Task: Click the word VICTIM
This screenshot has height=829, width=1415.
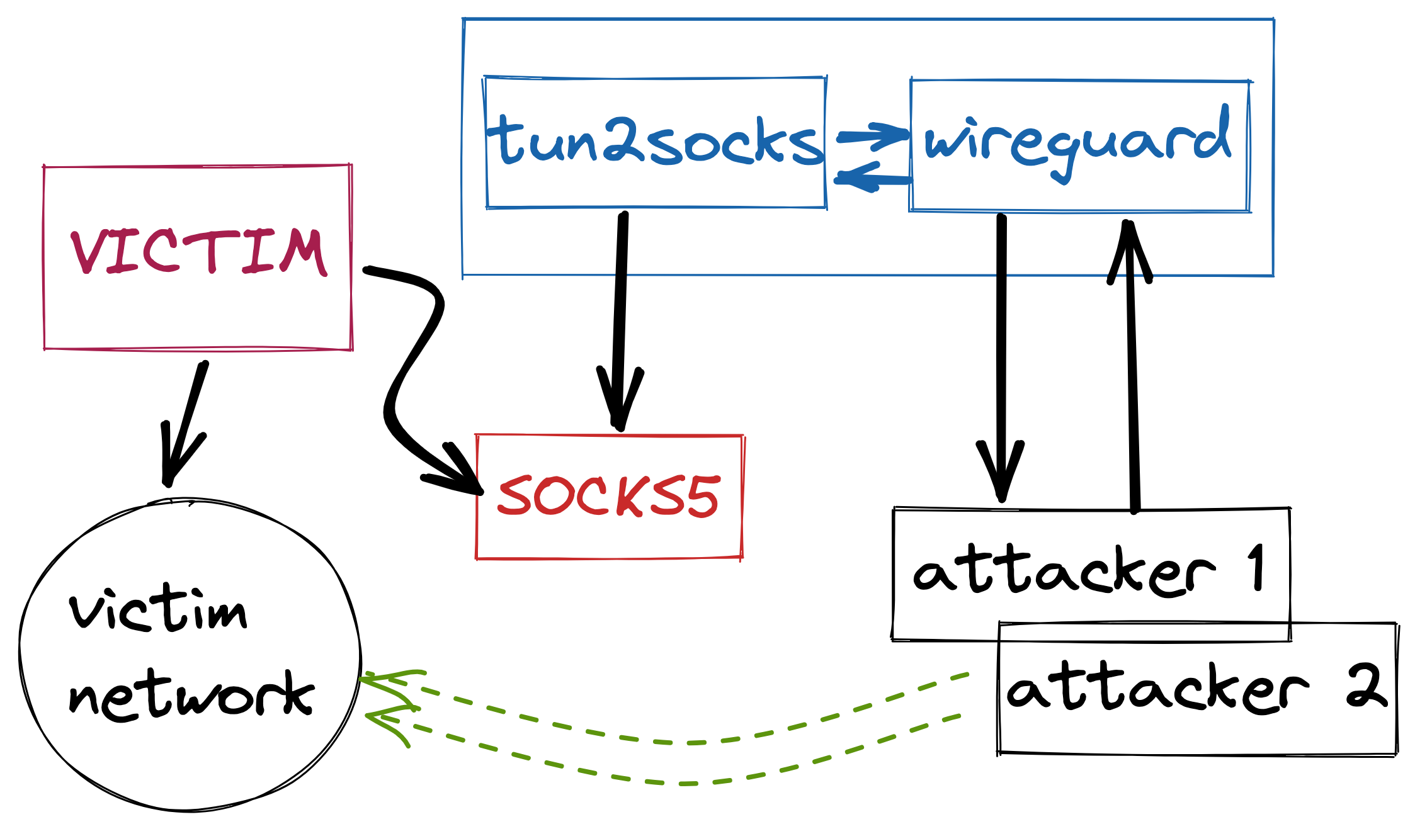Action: [198, 252]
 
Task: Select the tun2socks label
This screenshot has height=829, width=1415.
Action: [655, 142]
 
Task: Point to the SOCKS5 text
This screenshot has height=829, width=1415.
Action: [608, 496]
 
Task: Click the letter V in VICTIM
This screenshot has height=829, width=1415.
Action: [88, 252]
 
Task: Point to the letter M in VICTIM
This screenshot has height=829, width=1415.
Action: [302, 252]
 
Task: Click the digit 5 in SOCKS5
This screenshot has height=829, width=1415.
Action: [702, 497]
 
